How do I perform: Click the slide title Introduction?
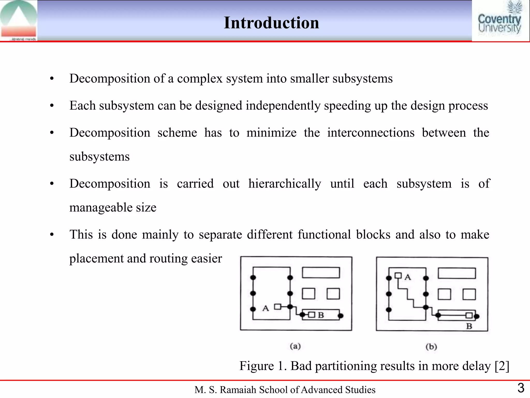[x=271, y=23]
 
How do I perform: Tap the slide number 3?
[x=521, y=388]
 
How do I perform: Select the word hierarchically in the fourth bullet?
[x=285, y=184]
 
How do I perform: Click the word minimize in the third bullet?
[x=271, y=133]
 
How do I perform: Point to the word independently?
[x=283, y=106]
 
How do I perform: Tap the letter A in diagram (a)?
[x=266, y=308]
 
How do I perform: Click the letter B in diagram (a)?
[x=321, y=315]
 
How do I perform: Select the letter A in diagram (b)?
[x=408, y=277]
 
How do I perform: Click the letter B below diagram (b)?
[x=469, y=326]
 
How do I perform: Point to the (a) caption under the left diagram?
[x=295, y=346]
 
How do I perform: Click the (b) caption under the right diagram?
[x=431, y=346]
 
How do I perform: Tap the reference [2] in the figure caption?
[x=502, y=366]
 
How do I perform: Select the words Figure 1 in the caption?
[x=262, y=366]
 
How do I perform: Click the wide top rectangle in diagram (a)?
[x=321, y=273]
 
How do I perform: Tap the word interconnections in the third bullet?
[x=371, y=133]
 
